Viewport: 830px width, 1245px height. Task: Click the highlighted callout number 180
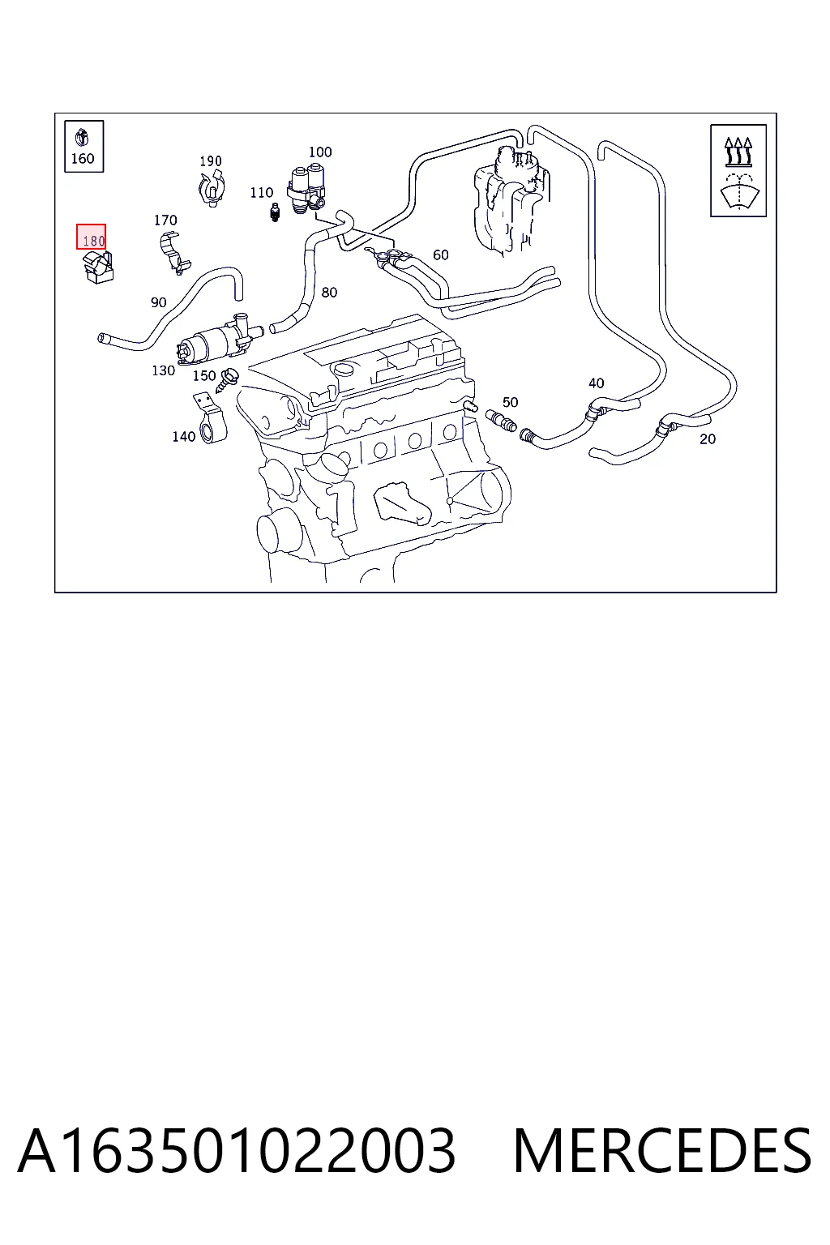coord(93,242)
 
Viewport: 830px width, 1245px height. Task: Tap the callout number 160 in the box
coord(83,158)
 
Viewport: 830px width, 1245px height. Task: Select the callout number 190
coord(211,161)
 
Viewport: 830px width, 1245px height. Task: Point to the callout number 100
coord(320,152)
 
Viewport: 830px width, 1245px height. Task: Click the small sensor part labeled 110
coord(275,213)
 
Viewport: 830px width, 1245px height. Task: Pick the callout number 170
coord(165,220)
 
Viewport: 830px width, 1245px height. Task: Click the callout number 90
coord(158,302)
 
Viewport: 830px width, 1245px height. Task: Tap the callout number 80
coord(329,293)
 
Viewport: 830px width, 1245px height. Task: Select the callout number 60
coord(441,255)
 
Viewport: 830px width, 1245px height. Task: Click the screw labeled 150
coord(227,380)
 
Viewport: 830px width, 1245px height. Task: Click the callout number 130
coord(164,370)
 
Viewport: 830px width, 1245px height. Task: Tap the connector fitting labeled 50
coord(501,420)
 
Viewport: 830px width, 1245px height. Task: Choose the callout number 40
coord(596,383)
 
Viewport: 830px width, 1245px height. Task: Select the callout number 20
coord(707,439)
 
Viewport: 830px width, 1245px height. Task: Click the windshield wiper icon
coord(739,191)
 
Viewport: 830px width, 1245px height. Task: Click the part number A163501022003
coord(237,1150)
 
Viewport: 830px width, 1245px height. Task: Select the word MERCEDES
coord(662,1150)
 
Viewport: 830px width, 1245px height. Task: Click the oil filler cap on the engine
coord(341,370)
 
